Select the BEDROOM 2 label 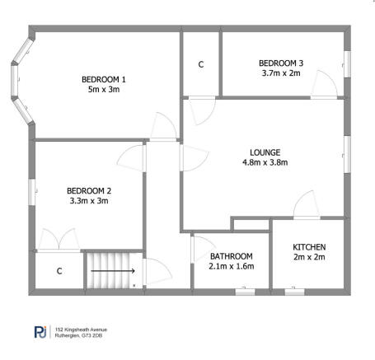pyautogui.click(x=88, y=190)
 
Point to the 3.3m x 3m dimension pyautogui.click(x=88, y=201)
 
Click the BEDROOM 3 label pyautogui.click(x=280, y=63)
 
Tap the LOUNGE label pyautogui.click(x=265, y=152)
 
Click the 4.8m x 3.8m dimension pyautogui.click(x=265, y=163)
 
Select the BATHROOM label pyautogui.click(x=231, y=255)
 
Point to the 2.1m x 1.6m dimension pyautogui.click(x=231, y=266)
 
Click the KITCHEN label pyautogui.click(x=310, y=247)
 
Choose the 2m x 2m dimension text pyautogui.click(x=310, y=258)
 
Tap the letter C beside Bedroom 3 pyautogui.click(x=201, y=64)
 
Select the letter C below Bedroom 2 pyautogui.click(x=59, y=270)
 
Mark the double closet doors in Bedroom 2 pyautogui.click(x=58, y=240)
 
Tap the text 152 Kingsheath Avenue pyautogui.click(x=82, y=329)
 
